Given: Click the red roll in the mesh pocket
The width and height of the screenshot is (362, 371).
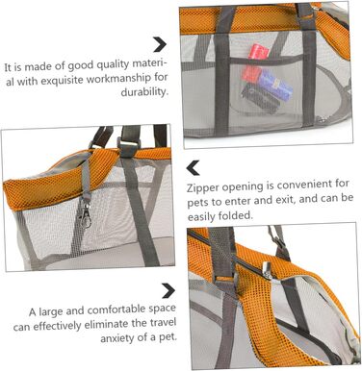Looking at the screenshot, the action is point(255,63).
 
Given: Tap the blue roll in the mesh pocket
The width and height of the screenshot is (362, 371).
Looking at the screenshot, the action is point(275,85).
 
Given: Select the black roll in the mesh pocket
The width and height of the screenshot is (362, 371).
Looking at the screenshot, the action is point(261,98).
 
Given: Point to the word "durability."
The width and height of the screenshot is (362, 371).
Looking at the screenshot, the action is point(144,92).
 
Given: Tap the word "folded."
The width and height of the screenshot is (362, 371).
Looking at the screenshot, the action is point(236,215).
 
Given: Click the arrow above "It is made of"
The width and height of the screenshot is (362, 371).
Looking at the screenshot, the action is point(160,44).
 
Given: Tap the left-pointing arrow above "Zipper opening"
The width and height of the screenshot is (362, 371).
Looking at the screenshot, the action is point(193,168).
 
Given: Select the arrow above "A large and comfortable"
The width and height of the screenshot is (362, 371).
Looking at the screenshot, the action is point(168,290).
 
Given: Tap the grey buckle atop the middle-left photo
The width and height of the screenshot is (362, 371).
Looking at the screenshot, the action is point(129,147).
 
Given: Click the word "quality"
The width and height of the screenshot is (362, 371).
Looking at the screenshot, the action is point(113,65).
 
